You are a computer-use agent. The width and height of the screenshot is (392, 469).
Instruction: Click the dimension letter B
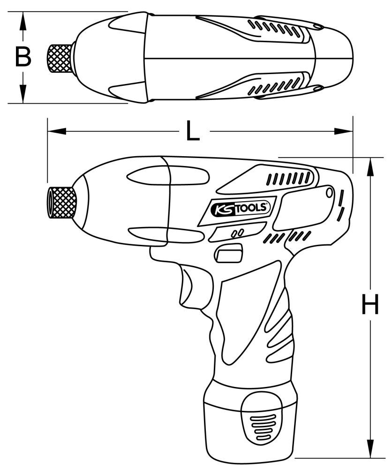[x=23, y=57]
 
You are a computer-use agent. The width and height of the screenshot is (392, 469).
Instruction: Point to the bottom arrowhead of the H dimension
[x=371, y=452]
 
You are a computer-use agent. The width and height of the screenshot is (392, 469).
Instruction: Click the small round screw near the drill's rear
[x=329, y=192]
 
